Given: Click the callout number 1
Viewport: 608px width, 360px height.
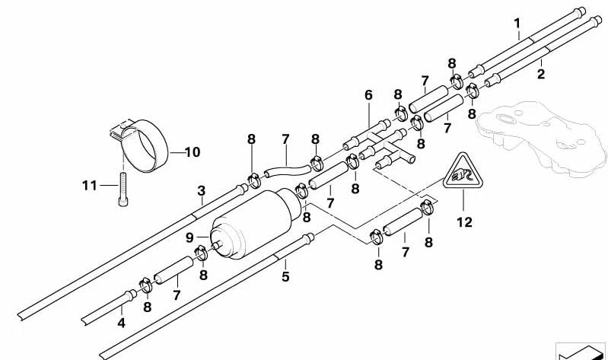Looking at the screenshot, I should coord(517,23).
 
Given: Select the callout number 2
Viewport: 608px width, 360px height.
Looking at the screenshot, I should coord(541,74).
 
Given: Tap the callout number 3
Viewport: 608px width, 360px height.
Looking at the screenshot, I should coord(201,190).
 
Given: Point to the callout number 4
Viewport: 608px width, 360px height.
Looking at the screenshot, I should coord(121,323).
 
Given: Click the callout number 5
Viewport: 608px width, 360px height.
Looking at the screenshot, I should coord(285,276).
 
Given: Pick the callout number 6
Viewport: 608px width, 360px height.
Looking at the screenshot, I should coord(368,95).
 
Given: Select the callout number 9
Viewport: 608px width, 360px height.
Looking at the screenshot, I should coord(189,237).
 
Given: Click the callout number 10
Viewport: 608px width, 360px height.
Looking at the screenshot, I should coord(192,152).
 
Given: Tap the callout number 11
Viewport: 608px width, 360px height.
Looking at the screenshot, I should coord(90,185).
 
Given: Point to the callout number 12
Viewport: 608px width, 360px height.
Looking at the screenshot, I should coord(464,222).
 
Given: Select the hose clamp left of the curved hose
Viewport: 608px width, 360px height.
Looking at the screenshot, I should coord(253,181).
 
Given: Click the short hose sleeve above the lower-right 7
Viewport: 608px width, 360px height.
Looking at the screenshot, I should coord(401,228).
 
